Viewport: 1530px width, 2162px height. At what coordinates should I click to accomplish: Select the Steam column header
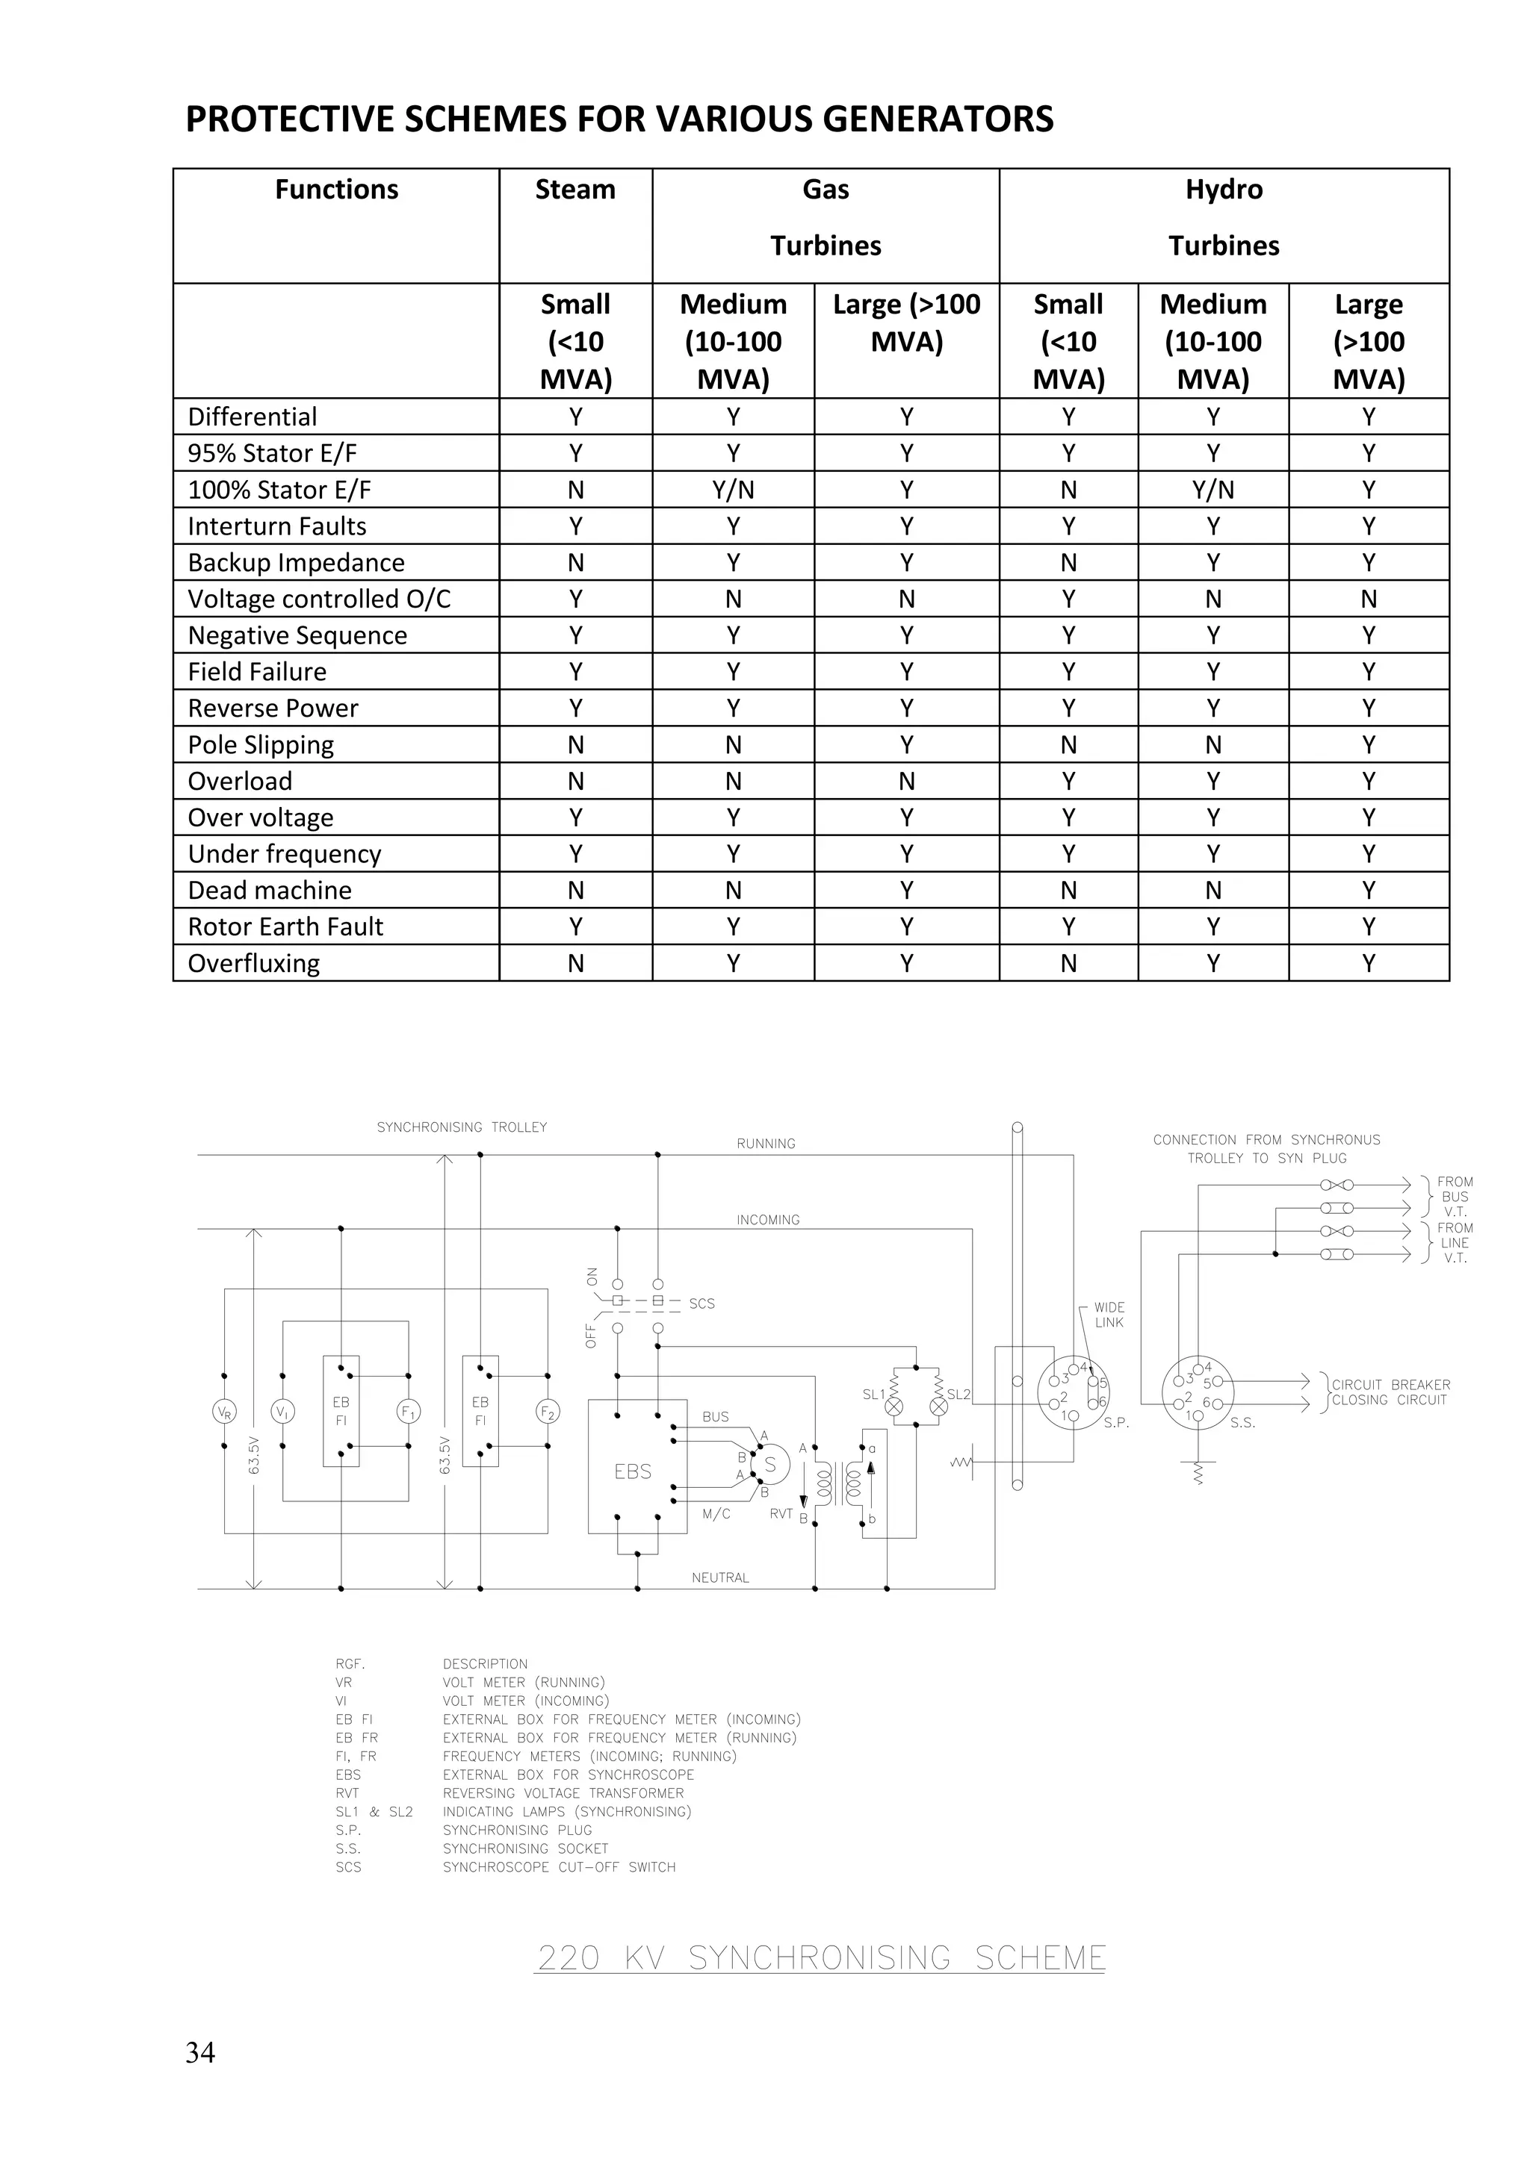pos(574,190)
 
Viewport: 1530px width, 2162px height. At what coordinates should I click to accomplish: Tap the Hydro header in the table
pos(1223,190)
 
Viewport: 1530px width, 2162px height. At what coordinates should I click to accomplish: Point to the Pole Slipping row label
pos(261,745)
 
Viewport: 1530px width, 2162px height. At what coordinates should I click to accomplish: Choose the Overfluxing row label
pos(253,963)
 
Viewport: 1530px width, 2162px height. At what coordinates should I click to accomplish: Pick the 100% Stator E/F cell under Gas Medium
pos(733,490)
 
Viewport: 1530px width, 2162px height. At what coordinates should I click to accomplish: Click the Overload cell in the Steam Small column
pos(576,782)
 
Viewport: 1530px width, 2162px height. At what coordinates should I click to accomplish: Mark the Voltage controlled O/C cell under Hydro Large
pos(1368,599)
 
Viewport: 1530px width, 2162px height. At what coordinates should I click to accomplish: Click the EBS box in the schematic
pos(632,1471)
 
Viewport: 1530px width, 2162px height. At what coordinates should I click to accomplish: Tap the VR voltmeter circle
pos(224,1412)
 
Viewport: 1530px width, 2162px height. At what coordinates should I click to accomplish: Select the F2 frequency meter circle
pos(548,1412)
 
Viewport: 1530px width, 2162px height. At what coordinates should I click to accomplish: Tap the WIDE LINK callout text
pos(1109,1315)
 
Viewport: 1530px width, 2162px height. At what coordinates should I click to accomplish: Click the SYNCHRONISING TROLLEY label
pos(462,1127)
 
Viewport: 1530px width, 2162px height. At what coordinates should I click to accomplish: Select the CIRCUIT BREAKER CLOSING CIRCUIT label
pos(1390,1392)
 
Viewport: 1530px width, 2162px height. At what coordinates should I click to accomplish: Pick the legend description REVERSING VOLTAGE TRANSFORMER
pos(563,1793)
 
